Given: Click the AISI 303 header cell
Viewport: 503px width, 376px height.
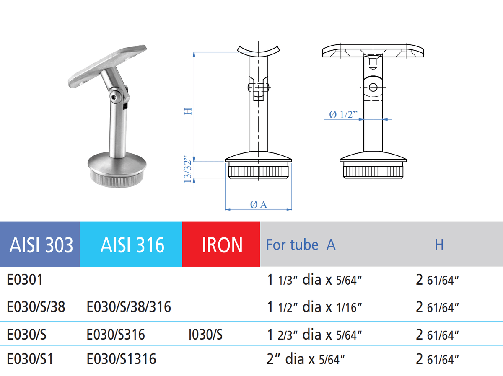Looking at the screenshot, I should tap(41, 245).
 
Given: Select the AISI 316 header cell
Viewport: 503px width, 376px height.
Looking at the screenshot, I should tap(132, 245).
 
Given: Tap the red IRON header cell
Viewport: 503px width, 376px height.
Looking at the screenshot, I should tap(222, 245).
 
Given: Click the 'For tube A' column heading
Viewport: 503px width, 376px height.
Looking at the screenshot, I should tap(301, 245).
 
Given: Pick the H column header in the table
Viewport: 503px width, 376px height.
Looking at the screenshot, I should tap(439, 245).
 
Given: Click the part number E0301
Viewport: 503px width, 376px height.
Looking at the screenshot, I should tap(25, 279).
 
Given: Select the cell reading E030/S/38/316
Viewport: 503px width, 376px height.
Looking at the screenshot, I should tap(129, 307).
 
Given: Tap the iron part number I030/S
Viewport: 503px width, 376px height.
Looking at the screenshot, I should tap(205, 334).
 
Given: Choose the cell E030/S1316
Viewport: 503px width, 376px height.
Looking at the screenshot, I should tap(121, 359).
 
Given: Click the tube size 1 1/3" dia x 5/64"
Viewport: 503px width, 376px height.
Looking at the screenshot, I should tap(314, 280).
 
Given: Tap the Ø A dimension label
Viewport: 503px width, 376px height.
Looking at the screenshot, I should tap(258, 204).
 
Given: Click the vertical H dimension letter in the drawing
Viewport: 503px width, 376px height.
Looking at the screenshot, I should tap(189, 111).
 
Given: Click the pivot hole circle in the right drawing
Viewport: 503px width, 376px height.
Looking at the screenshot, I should tap(373, 88).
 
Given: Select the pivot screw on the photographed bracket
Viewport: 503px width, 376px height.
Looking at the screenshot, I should tap(116, 97).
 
